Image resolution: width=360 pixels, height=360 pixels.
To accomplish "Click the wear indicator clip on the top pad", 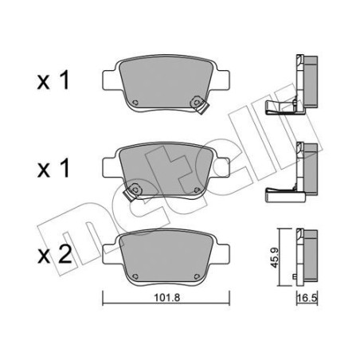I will [x=194, y=101].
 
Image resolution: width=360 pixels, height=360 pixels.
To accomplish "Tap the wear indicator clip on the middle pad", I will [x=136, y=190].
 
